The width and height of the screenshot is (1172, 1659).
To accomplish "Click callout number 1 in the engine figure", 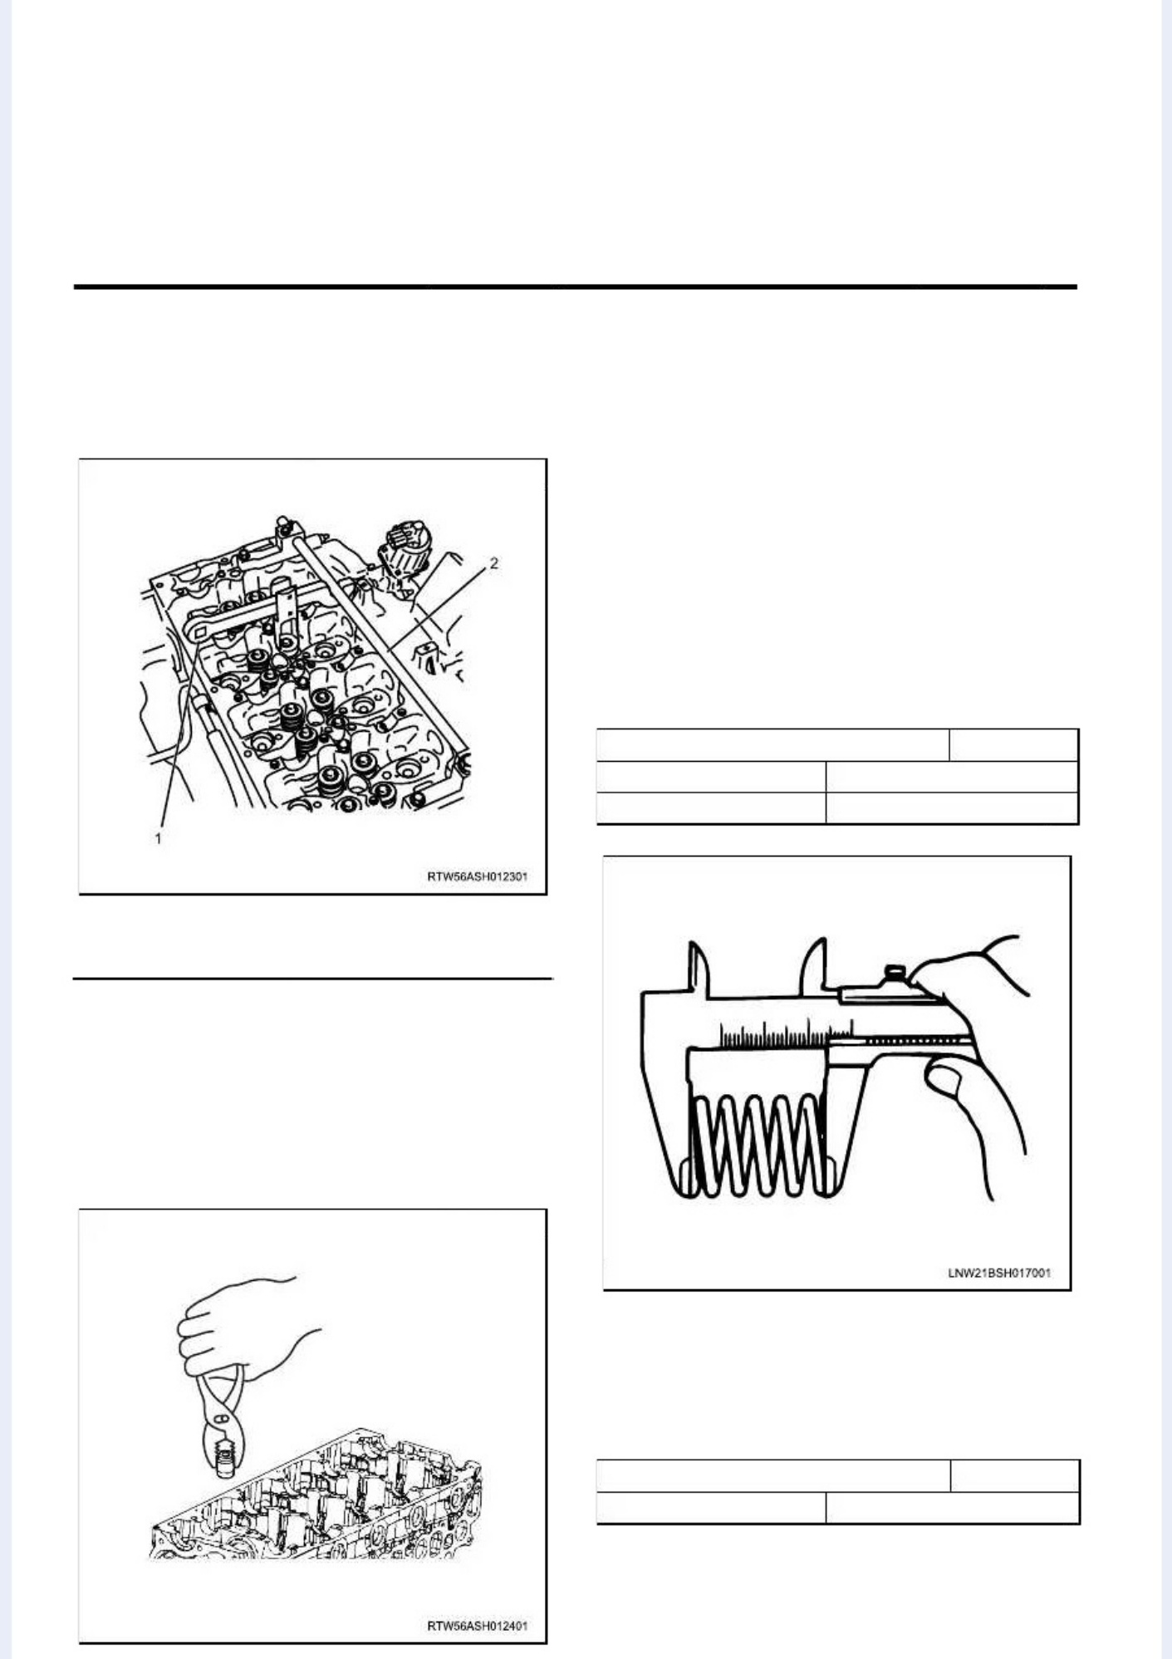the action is tap(158, 839).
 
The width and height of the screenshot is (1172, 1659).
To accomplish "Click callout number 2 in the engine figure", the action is tap(494, 563).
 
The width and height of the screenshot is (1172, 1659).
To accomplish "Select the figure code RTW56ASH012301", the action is tap(477, 876).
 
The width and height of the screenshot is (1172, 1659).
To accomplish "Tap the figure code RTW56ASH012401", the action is tap(477, 1625).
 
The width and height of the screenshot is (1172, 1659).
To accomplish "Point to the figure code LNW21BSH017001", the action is tap(999, 1273).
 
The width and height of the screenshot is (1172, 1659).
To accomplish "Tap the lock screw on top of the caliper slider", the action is tap(895, 972).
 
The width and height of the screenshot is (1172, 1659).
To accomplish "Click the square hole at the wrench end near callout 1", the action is tap(200, 636).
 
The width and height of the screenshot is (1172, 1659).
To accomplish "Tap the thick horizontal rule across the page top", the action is tap(576, 287).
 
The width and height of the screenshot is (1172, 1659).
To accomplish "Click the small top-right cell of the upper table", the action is tap(1014, 745).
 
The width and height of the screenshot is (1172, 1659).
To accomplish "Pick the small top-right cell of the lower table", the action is tap(1015, 1476).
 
